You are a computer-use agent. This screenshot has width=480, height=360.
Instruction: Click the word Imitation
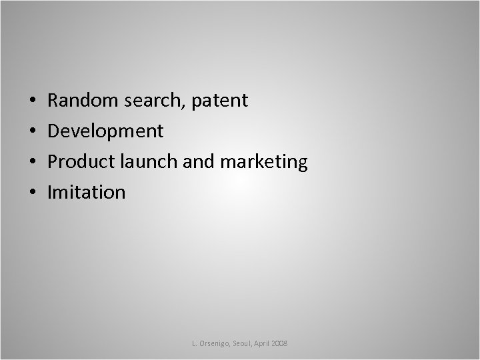87,193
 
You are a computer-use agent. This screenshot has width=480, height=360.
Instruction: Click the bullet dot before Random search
33,102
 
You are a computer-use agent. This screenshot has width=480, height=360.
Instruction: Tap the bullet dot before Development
33,132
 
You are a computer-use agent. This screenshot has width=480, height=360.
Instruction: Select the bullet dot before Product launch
33,163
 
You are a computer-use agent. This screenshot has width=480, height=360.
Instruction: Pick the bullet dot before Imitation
33,193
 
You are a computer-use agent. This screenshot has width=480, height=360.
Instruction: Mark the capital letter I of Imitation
50,193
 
